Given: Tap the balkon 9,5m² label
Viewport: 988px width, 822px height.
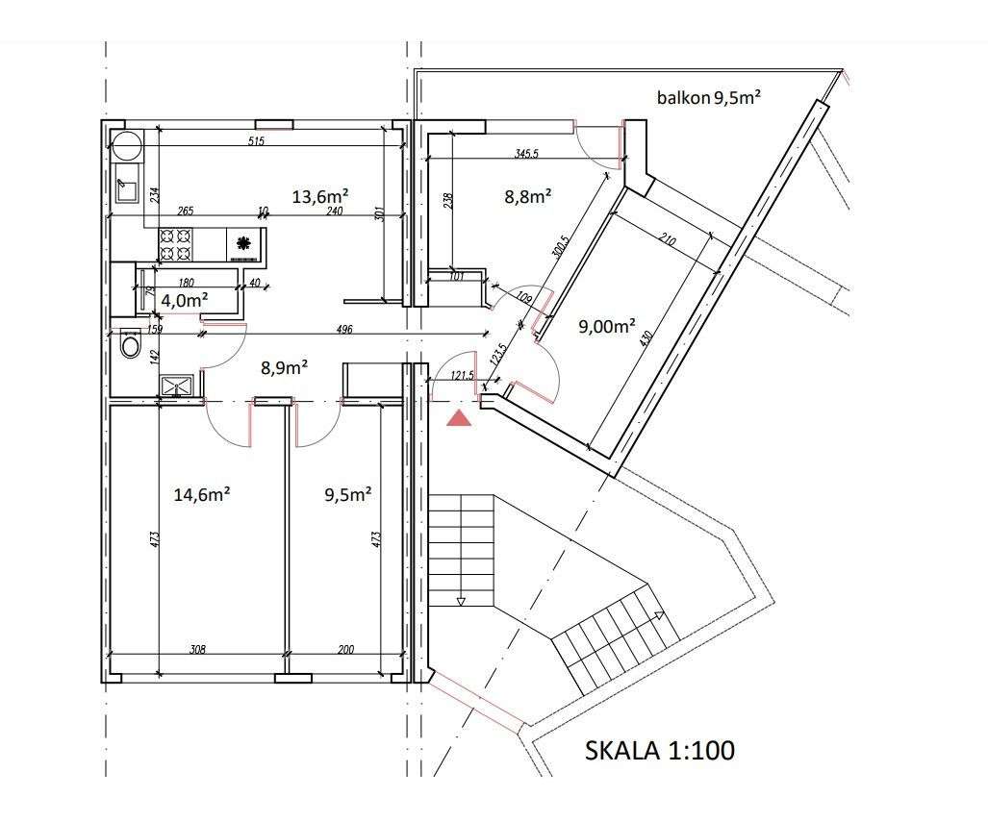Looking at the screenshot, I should (709, 97).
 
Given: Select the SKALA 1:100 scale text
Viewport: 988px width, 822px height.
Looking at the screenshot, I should (660, 750).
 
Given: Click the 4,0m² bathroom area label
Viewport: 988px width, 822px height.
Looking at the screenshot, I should (185, 300).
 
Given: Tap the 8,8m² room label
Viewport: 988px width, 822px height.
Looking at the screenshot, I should (527, 197).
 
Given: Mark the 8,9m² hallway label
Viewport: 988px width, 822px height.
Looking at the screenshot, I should (285, 366).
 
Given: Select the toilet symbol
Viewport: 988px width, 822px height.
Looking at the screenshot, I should (130, 344).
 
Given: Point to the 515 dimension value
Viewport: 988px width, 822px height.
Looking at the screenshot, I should (256, 142).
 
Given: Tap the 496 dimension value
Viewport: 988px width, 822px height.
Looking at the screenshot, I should (344, 330).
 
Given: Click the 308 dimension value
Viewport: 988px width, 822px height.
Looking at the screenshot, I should (198, 650).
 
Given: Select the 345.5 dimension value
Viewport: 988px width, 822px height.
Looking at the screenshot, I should (527, 154).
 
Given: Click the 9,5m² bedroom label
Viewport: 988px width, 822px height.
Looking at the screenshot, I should (348, 494).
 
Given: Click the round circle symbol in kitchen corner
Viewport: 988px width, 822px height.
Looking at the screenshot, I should (126, 146).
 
